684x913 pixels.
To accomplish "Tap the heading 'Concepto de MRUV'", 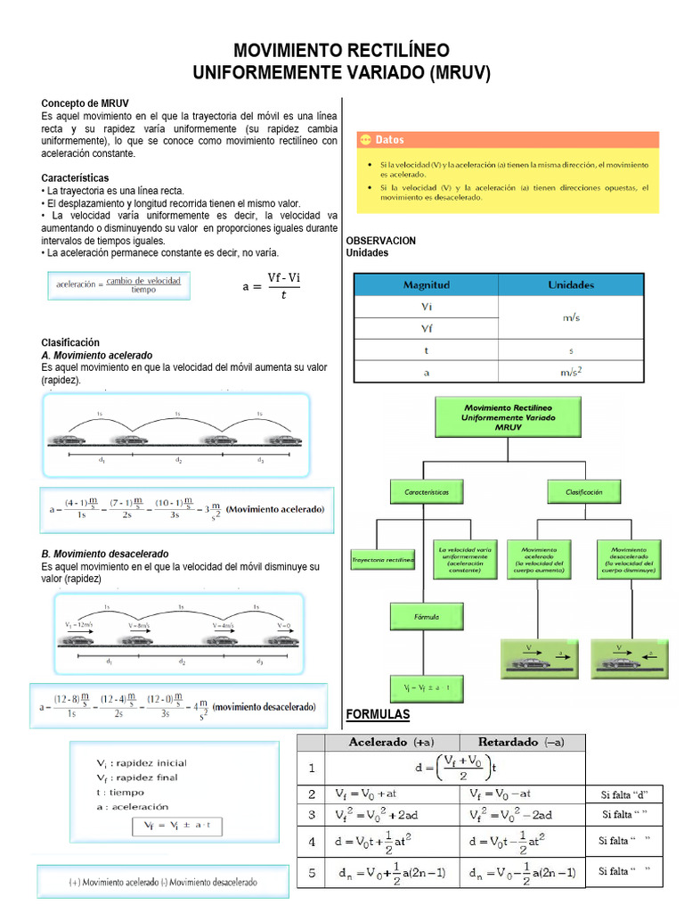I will coord(85,104).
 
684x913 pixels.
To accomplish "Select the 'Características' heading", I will coord(75,178).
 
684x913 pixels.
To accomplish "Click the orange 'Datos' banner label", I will coord(389,140).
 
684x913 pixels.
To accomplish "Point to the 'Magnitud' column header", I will coord(427,284).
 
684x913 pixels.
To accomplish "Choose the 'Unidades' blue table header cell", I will coord(571,284).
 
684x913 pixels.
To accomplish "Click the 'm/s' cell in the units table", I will coord(571,317).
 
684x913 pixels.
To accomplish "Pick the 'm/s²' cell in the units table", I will coord(571,373).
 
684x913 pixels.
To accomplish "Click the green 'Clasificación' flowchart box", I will coord(583,491).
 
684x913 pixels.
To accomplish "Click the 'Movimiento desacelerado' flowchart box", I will coord(622,559).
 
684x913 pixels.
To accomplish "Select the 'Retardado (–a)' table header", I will coord(521,742).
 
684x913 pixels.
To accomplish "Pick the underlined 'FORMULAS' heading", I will coord(377,715).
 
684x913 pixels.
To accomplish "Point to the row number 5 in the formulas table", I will coord(312,873).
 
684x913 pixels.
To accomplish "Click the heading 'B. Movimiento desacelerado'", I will coord(105,554).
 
